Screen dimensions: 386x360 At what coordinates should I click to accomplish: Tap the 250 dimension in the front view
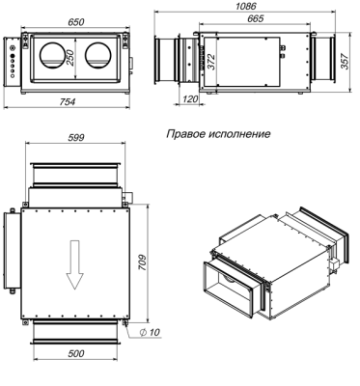pos(69,59)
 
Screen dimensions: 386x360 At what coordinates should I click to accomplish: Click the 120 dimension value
pos(189,99)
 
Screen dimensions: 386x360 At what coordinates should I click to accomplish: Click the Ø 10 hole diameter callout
pos(150,332)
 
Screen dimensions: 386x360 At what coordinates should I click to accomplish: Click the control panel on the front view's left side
pos(13,64)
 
